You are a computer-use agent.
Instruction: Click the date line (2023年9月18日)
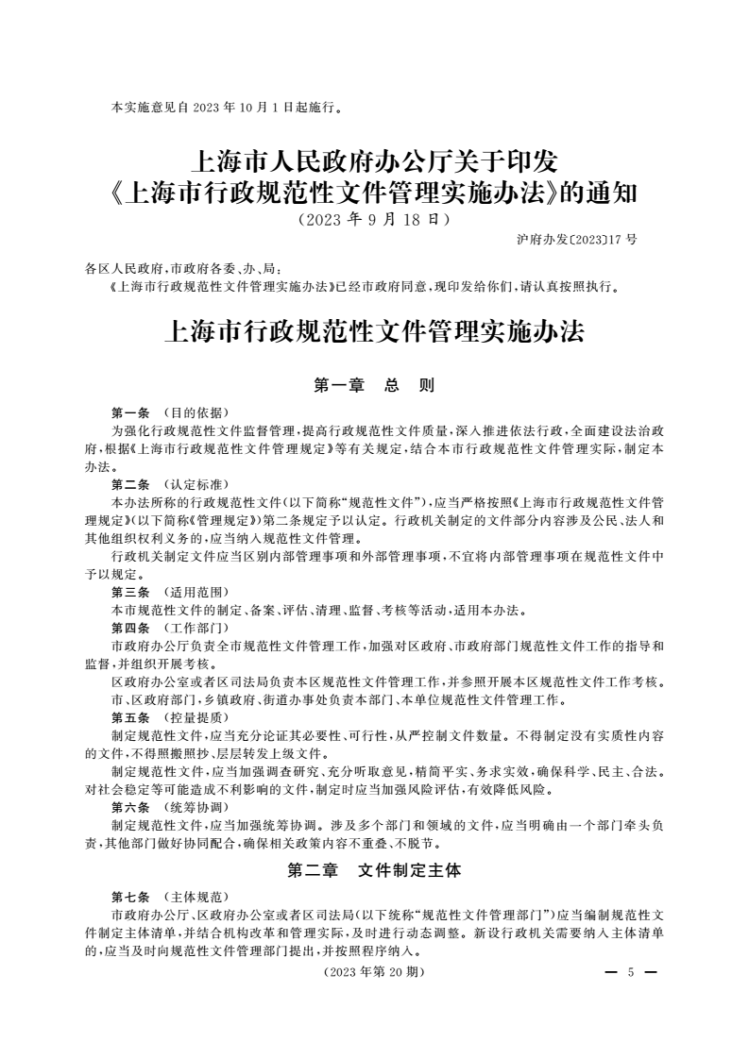[374, 220]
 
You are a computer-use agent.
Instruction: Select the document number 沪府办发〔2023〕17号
[577, 239]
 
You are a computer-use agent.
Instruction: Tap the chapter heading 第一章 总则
[374, 385]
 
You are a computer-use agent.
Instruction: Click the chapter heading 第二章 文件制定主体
[374, 871]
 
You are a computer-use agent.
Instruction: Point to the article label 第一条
[130, 412]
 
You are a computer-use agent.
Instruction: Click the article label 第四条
[130, 628]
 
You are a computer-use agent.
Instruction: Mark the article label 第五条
[130, 716]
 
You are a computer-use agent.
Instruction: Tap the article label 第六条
[130, 807]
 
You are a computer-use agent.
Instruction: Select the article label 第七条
[130, 897]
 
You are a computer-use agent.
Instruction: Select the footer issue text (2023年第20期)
[374, 972]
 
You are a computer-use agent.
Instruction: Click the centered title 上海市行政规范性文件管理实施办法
[374, 332]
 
